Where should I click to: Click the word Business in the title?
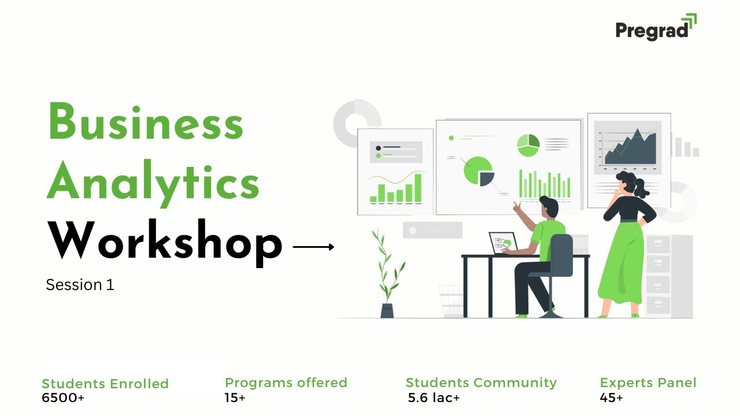tap(145, 122)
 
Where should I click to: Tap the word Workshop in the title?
tap(165, 242)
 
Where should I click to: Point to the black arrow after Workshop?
tap(313, 247)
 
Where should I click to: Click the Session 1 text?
tap(80, 285)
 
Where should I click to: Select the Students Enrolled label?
tap(105, 384)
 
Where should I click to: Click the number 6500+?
tap(63, 398)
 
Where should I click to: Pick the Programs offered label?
tap(286, 382)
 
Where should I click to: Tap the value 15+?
tap(235, 398)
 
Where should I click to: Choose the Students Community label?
tap(481, 382)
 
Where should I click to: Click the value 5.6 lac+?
tap(434, 398)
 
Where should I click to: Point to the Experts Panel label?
tap(648, 382)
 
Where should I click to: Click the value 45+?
tap(612, 398)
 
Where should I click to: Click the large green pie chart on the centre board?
tap(478, 171)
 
